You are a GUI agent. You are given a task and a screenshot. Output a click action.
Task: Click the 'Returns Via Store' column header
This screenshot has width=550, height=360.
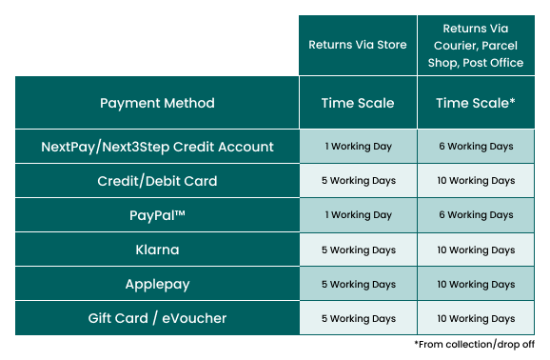[x=357, y=45]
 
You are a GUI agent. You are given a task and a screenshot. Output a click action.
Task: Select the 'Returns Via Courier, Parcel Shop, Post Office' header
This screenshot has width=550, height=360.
[x=475, y=45]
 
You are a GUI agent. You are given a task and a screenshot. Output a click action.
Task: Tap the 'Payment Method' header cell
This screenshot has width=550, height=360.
[x=157, y=103]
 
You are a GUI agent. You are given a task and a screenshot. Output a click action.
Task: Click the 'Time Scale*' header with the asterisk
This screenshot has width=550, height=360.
[x=475, y=103]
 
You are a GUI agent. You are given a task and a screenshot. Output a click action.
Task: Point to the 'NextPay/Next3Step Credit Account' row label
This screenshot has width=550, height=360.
[x=157, y=147]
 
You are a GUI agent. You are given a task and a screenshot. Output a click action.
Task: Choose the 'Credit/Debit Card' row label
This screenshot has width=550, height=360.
[x=157, y=181]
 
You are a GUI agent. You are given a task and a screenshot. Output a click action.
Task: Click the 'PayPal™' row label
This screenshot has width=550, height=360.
[x=157, y=215]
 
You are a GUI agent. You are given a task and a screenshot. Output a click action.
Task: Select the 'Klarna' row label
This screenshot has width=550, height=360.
[x=157, y=250]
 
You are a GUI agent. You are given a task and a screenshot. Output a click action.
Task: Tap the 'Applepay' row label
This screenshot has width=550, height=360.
[x=157, y=284]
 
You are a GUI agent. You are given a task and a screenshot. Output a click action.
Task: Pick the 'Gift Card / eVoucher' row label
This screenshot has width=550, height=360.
[x=157, y=318]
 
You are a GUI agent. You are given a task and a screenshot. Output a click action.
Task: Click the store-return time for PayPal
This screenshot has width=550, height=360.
[x=357, y=215]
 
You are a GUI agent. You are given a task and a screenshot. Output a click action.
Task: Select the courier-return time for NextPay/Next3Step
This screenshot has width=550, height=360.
[x=475, y=147]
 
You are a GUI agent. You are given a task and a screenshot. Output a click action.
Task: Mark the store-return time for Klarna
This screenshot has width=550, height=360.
[x=357, y=250]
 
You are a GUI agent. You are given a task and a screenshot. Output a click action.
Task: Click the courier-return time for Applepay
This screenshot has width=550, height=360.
[x=475, y=284]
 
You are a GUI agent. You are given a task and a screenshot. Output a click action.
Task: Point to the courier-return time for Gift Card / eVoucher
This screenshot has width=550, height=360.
[x=475, y=318]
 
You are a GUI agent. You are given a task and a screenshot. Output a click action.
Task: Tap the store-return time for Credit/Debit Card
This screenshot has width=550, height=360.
[x=357, y=181]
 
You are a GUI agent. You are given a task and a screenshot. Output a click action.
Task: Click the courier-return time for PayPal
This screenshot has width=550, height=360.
[x=475, y=215]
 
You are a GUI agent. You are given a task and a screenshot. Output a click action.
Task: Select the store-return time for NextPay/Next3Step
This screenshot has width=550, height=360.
[x=357, y=147]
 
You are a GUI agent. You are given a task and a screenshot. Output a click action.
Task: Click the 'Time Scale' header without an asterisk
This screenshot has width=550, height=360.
[x=357, y=103]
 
